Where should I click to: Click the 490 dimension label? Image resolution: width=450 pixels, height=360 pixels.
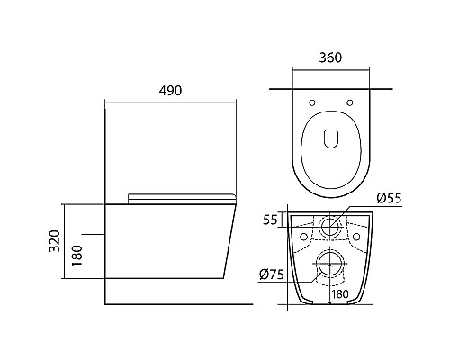pyautogui.click(x=170, y=91)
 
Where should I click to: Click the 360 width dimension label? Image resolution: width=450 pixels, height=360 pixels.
pyautogui.click(x=330, y=58)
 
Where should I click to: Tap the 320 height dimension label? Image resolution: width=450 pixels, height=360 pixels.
pyautogui.click(x=55, y=241)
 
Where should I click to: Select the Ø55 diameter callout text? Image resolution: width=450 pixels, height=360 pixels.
pyautogui.click(x=389, y=198)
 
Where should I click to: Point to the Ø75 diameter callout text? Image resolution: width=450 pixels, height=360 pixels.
pyautogui.click(x=272, y=274)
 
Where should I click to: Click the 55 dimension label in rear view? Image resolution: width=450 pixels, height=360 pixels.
pyautogui.click(x=270, y=220)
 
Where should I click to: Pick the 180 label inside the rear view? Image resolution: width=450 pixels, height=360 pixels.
pyautogui.click(x=340, y=294)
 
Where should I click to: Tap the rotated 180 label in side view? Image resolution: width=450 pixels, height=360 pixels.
pyautogui.click(x=77, y=256)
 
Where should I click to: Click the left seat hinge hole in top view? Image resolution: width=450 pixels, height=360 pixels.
pyautogui.click(x=312, y=103)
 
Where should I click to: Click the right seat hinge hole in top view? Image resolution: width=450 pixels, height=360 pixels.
pyautogui.click(x=349, y=103)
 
